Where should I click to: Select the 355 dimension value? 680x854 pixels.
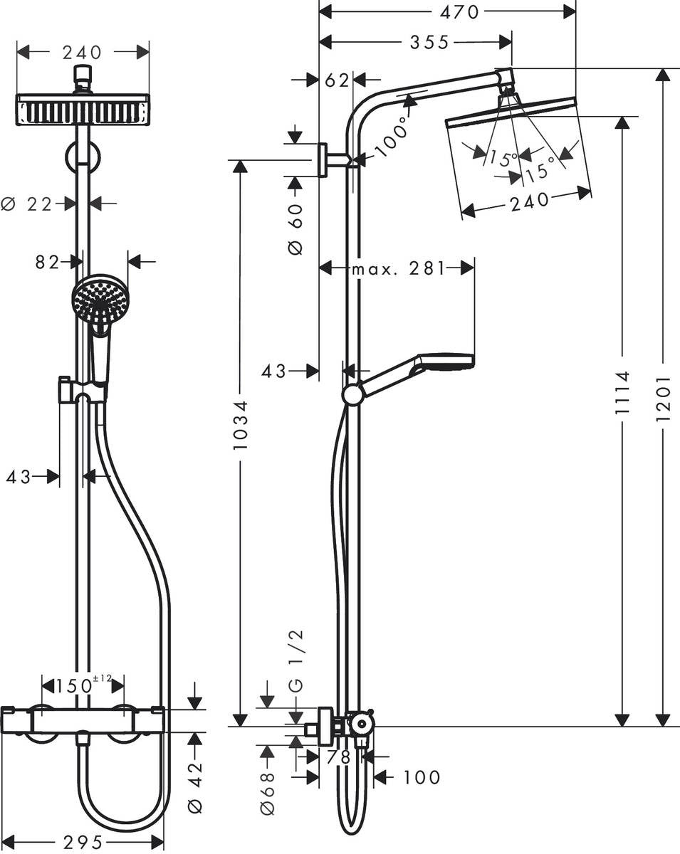429,43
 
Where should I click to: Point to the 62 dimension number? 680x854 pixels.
337,80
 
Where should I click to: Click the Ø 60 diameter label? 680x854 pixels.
295,228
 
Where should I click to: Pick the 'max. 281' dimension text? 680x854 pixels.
397,268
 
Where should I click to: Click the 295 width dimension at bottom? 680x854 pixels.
82,843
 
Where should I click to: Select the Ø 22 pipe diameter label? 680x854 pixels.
28,204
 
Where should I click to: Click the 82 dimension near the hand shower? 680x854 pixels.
47,262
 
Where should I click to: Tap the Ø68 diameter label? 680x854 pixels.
267,788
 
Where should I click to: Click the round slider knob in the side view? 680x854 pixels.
352,395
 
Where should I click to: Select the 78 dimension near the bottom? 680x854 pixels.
340,758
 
